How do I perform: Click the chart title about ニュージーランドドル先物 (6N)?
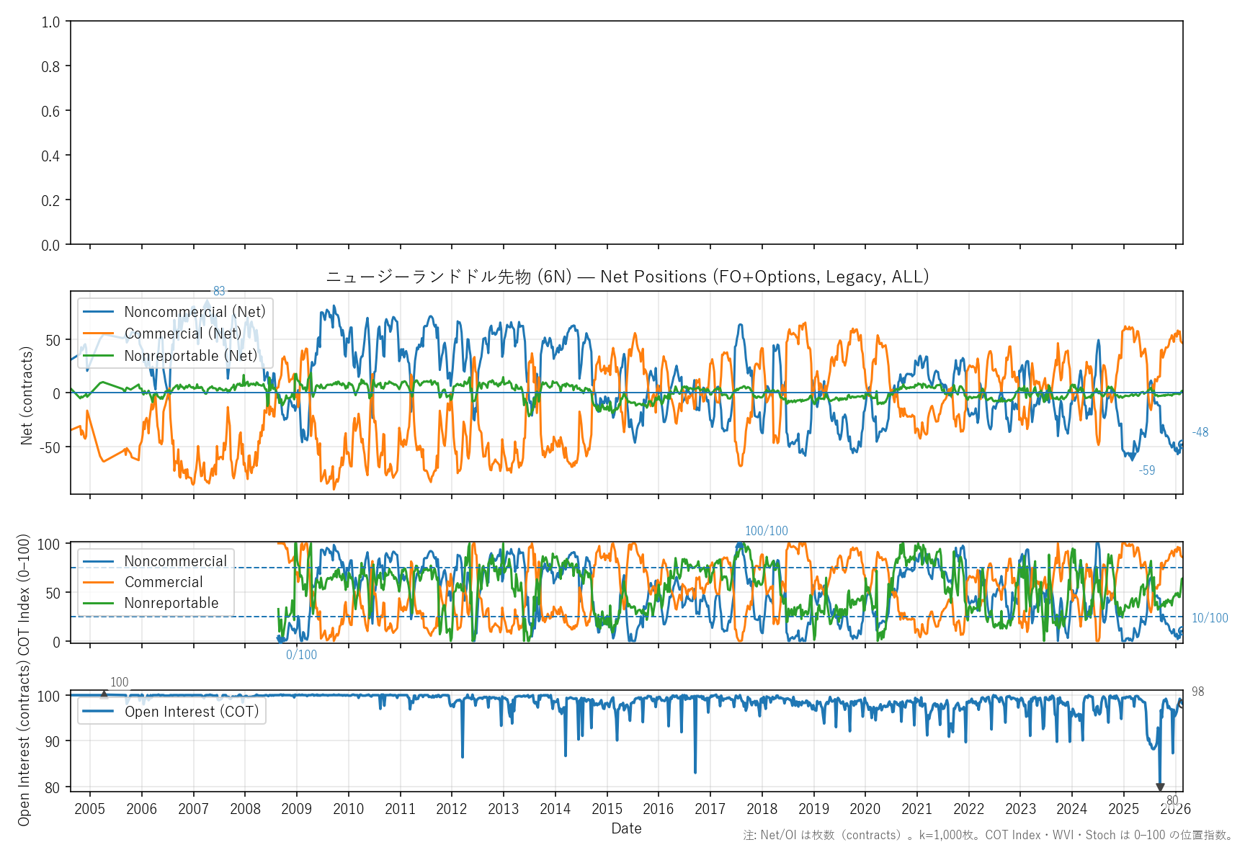627,277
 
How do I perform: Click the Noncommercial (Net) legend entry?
195,312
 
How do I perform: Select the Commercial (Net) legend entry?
183,334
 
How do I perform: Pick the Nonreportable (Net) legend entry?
190,356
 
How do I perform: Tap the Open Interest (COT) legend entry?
192,712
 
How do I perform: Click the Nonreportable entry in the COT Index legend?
171,603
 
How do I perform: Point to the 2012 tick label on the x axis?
452,809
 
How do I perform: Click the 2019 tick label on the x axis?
813,809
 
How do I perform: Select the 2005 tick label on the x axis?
90,809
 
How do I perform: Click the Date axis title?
626,828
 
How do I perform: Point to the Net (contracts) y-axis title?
27,395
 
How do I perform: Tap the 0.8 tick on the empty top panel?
50,67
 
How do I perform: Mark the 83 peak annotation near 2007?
219,291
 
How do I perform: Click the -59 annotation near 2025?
1146,470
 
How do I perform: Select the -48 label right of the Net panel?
1200,432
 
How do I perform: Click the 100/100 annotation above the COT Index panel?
766,531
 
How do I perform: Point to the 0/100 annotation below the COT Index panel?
301,655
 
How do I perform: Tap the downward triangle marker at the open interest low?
1160,787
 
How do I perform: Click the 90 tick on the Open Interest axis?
52,741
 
